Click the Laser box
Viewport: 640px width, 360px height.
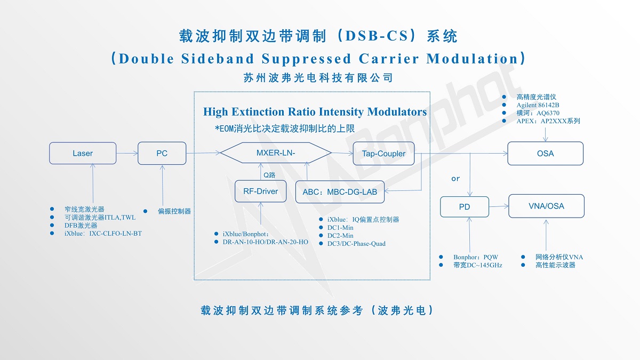tap(83, 153)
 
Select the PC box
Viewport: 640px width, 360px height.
tap(162, 153)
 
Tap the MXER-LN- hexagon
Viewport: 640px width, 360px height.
tap(276, 153)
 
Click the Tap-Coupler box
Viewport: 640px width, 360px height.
tap(383, 154)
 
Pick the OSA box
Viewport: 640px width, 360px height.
tap(545, 153)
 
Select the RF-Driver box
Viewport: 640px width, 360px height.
tap(260, 191)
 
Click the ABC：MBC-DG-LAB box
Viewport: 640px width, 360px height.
tap(340, 192)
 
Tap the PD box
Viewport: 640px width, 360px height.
tap(464, 207)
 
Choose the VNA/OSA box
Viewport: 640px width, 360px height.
tap(546, 206)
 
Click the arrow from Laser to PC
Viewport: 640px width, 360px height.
tap(127, 153)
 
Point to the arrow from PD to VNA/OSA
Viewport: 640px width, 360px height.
tap(499, 206)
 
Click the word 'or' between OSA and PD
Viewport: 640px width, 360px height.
tap(455, 179)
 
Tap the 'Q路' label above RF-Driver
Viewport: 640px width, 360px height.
tap(269, 174)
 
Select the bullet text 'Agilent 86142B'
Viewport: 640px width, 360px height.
tap(538, 105)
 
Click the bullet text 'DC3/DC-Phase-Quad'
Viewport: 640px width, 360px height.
tap(356, 244)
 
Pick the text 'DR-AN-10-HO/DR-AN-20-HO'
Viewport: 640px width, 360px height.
tap(265, 242)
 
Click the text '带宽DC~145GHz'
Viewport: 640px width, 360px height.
tap(478, 265)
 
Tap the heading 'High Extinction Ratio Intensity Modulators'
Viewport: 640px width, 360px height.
tap(315, 112)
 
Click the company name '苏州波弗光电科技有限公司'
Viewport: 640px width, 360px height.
tap(318, 78)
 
